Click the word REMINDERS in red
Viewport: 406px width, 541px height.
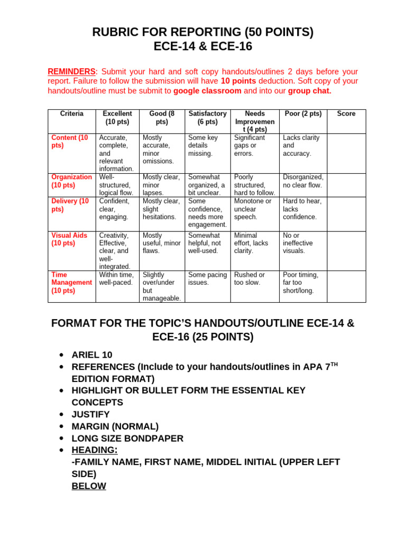tap(71, 71)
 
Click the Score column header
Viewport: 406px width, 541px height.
tap(346, 114)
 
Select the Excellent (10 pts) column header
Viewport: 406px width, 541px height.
tap(117, 117)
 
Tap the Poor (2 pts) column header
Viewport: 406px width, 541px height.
tap(302, 114)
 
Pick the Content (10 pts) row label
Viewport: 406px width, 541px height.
tap(70, 142)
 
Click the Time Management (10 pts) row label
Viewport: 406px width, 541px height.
tap(71, 283)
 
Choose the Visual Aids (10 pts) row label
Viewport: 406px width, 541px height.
tap(69, 239)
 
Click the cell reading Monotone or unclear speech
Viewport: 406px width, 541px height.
tap(253, 209)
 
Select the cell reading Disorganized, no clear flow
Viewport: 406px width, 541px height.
tap(303, 181)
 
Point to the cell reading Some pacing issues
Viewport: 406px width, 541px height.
tap(207, 278)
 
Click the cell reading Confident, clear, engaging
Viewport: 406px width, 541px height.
tap(114, 209)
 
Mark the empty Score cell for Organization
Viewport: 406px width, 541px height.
tap(346, 185)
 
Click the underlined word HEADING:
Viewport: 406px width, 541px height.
tap(95, 450)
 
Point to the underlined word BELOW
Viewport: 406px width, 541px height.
tap(89, 486)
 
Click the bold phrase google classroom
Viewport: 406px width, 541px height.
tap(207, 90)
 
